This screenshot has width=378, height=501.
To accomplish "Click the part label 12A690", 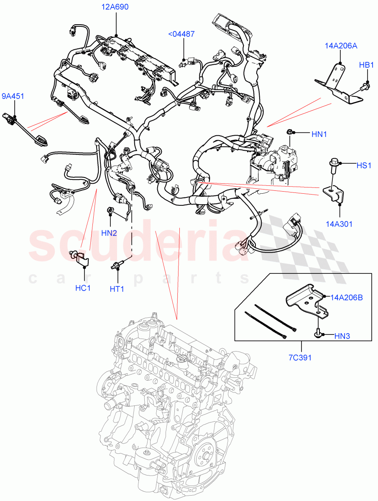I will coord(115,7).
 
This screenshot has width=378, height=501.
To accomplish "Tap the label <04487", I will coord(181,34).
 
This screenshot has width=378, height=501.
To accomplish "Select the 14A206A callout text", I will coord(341,46).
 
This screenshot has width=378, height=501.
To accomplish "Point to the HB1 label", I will coord(367,65).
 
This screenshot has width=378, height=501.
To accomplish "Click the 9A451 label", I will coord(13,97).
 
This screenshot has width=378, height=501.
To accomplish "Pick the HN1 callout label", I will coord(319,134).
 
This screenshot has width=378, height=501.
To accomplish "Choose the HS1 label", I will coord(364,165).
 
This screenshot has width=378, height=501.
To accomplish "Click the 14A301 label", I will coord(339,224).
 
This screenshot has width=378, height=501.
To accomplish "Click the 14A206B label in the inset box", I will coord(346,298).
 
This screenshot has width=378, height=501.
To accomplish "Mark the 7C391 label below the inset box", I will coord(300,358).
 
